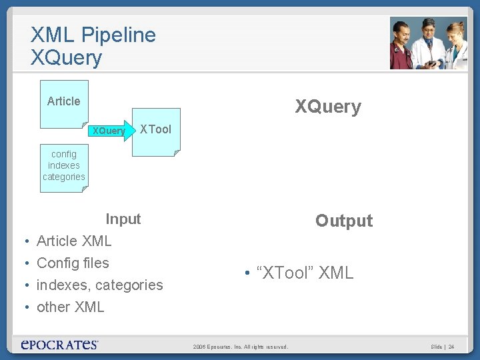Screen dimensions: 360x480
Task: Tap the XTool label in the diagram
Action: point(155,129)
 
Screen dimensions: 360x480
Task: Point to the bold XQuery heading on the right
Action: point(328,107)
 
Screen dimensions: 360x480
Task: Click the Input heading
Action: point(123,219)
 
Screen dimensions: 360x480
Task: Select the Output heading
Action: point(344,221)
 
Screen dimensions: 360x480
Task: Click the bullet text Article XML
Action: point(74,241)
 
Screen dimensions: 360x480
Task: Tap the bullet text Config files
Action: point(73,263)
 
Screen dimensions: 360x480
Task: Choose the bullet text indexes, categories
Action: point(99,285)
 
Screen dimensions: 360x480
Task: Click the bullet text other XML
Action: point(71,307)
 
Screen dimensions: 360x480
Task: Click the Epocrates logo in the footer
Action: point(60,344)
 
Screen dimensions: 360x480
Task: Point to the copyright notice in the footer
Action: point(241,347)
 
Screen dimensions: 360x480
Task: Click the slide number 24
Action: point(451,347)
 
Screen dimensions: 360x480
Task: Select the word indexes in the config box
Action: point(64,165)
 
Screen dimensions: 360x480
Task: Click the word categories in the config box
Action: point(64,177)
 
